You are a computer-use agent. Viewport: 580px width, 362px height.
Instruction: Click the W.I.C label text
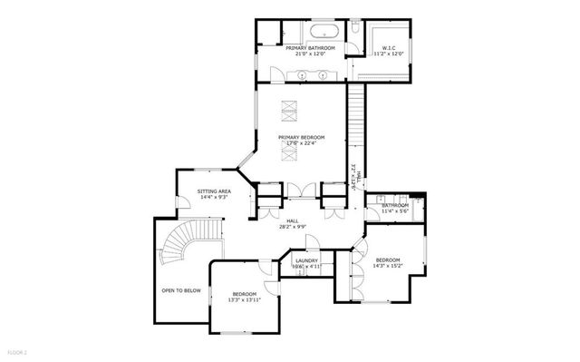click(x=389, y=47)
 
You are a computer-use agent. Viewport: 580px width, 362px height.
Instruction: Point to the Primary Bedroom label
click(x=301, y=137)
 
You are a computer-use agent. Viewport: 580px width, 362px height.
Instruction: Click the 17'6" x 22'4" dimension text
click(x=301, y=143)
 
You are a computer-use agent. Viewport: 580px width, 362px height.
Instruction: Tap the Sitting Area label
click(x=215, y=191)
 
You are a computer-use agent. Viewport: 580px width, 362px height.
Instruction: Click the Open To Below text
click(x=181, y=290)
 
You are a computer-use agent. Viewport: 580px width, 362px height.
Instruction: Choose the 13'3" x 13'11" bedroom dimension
click(x=245, y=299)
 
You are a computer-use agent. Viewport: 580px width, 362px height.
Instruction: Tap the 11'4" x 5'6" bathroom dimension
click(x=396, y=211)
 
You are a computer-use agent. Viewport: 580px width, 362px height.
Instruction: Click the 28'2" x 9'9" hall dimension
click(x=293, y=226)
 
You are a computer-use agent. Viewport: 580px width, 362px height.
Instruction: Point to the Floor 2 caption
click(x=17, y=350)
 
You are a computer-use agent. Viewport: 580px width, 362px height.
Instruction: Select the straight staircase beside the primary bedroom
click(x=357, y=127)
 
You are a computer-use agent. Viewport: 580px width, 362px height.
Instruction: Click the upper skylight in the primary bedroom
click(x=292, y=109)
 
